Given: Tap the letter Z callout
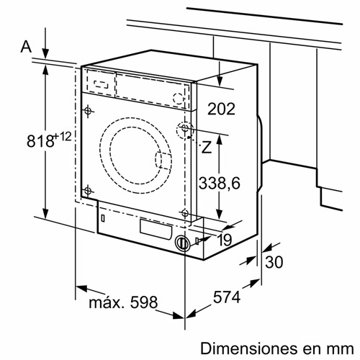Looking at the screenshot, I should pos(206,148).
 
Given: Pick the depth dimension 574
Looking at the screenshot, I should pos(226,296).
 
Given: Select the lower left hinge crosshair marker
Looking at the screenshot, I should pos(88,190).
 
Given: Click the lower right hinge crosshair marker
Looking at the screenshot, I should pos(185,212).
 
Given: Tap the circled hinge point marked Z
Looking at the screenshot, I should pos(185,130).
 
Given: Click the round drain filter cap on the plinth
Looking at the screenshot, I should pos(182,243).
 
